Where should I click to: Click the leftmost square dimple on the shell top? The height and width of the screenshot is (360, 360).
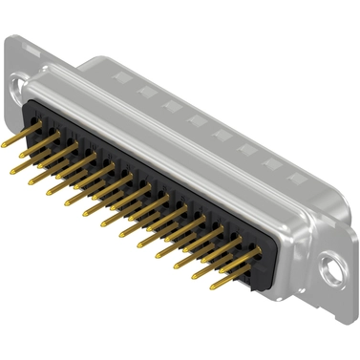119,75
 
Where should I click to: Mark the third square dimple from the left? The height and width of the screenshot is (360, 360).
169,102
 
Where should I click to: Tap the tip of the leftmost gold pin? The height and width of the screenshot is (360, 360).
5,144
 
